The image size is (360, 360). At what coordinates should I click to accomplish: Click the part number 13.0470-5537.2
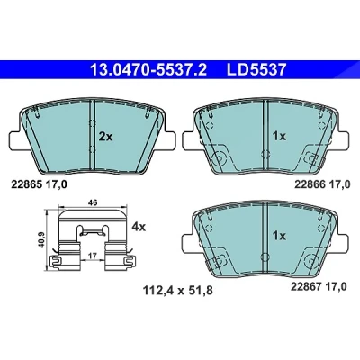click(148, 69)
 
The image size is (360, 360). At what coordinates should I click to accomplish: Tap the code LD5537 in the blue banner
click(256, 69)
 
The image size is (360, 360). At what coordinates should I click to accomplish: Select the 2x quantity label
click(105, 137)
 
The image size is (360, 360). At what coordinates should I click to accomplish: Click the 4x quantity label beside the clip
click(139, 227)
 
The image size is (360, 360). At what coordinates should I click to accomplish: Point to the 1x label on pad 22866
click(279, 137)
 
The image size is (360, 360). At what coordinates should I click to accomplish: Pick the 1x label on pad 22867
click(279, 236)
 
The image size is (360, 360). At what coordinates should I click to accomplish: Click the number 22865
click(26, 184)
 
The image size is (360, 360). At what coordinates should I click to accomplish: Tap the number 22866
click(310, 184)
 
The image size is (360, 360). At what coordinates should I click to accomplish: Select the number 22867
click(306, 287)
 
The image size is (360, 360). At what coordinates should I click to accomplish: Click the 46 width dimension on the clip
click(93, 202)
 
